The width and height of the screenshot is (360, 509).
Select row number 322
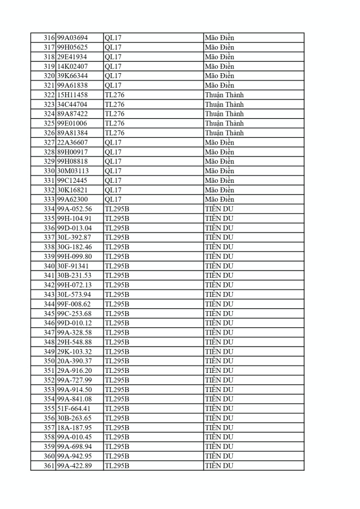(49, 95)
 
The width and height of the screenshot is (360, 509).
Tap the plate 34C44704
(72, 105)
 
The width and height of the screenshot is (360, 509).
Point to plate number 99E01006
(72, 124)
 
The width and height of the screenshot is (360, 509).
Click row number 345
(49, 314)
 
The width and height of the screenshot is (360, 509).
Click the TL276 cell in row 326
(115, 133)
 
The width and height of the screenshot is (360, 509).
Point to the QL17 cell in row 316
(113, 38)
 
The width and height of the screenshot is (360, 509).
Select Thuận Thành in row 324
(224, 114)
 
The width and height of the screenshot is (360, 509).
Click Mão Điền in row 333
(220, 200)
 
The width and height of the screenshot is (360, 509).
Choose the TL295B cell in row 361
(117, 466)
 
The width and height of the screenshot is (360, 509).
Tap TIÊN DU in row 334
(219, 209)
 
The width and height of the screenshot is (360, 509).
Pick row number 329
(49, 161)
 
